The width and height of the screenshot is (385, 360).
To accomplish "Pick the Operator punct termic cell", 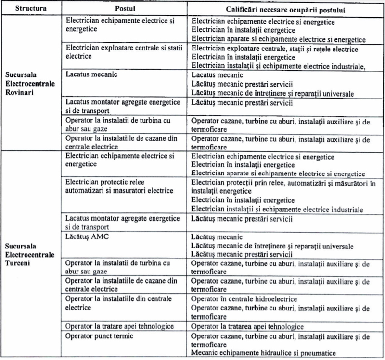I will coord(99,335).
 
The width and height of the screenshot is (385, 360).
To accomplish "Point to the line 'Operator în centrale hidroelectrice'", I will coord(244,299).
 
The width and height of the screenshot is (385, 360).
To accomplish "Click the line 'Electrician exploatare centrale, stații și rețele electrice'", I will coord(274,49).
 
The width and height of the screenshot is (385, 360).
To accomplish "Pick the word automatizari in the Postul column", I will coord(84,191).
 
